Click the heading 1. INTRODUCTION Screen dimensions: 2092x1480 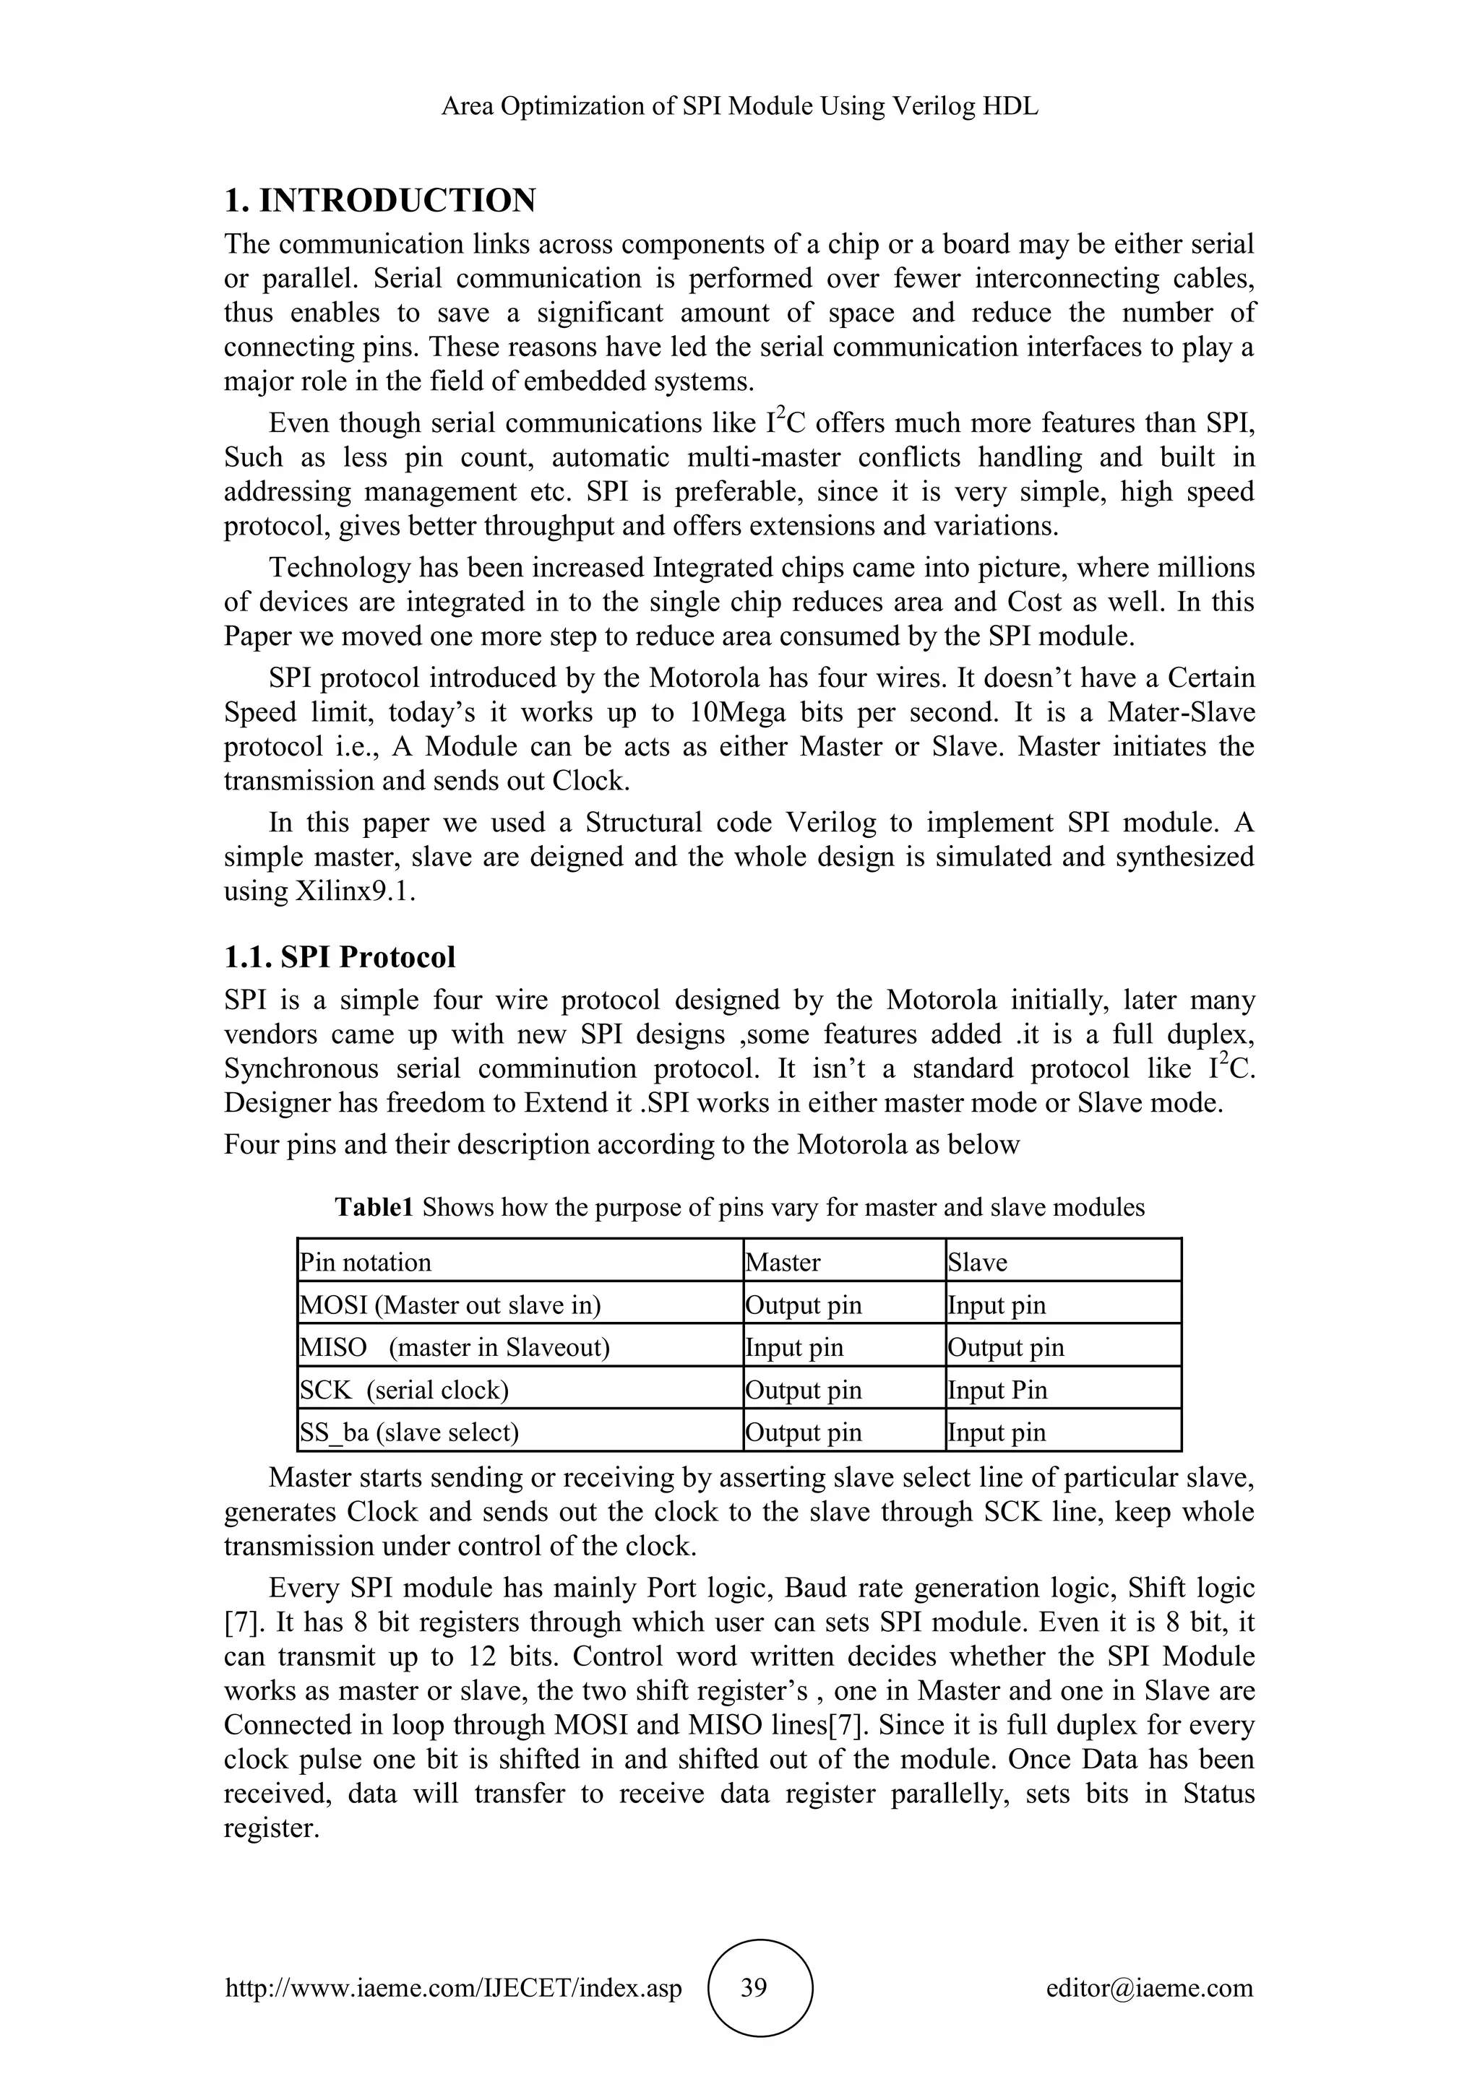[x=380, y=200]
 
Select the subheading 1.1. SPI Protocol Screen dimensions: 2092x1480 [x=339, y=958]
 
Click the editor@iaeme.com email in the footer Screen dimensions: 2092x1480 [x=1149, y=1988]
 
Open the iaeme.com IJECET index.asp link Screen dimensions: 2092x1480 [x=453, y=1988]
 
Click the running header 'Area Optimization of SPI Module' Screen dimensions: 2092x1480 [x=739, y=107]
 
